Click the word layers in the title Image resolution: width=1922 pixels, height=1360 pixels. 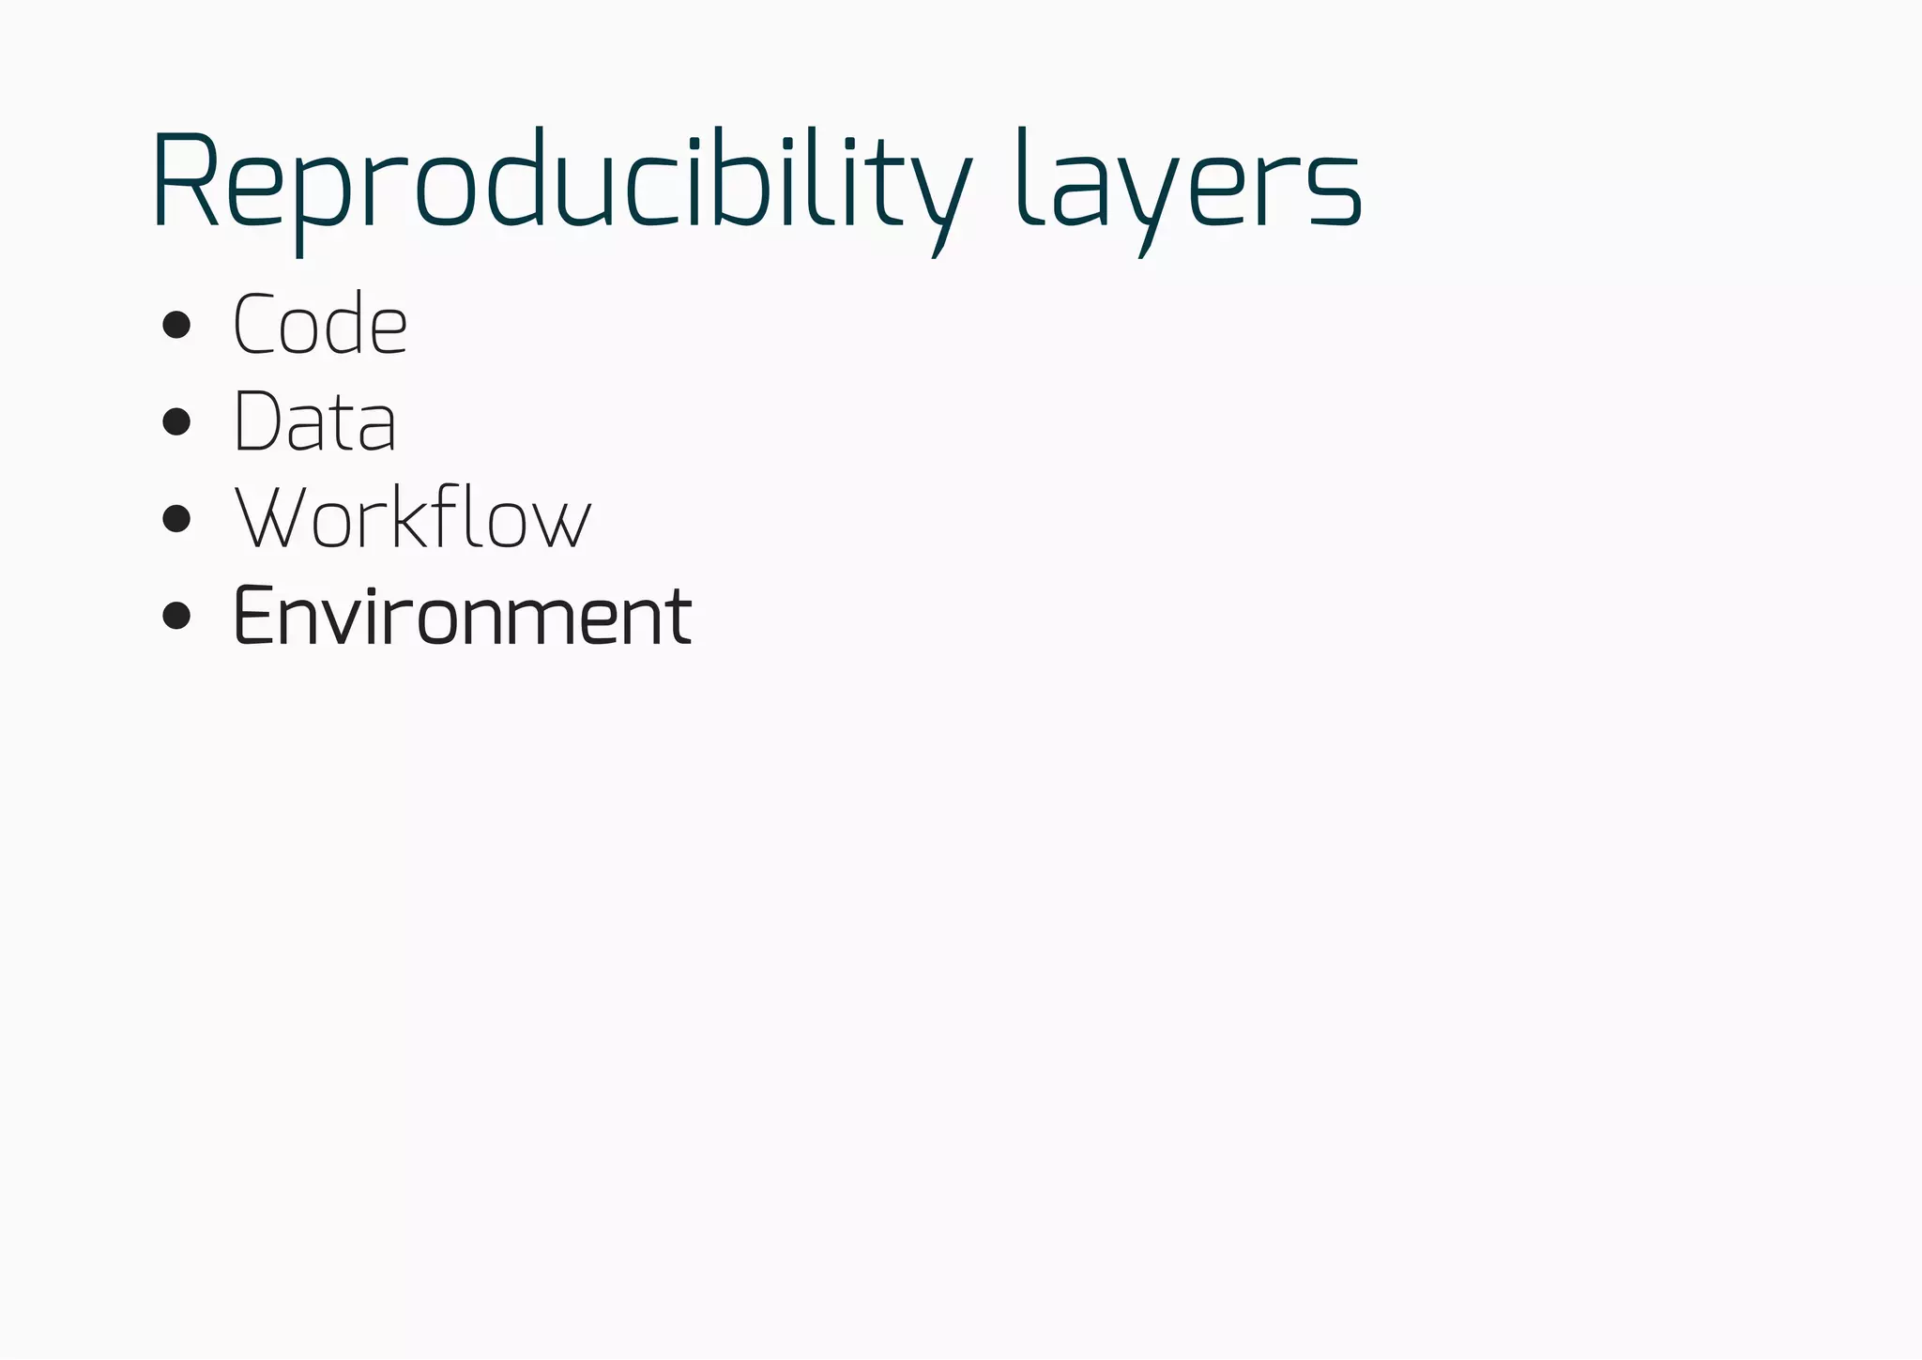tap(1188, 183)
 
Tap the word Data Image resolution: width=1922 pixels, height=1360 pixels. tap(314, 421)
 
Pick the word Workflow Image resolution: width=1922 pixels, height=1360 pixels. tap(413, 518)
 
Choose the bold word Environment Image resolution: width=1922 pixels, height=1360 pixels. tap(462, 616)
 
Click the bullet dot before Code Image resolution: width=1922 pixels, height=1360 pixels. tap(176, 326)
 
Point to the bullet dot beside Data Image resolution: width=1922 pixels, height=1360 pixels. tap(176, 421)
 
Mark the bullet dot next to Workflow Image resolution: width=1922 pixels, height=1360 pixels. tap(176, 518)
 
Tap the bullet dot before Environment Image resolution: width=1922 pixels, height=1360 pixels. tap(176, 616)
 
